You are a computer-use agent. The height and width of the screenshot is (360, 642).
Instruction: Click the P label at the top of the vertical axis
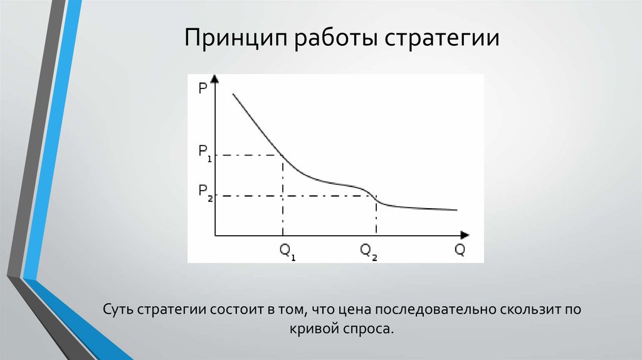tap(203, 88)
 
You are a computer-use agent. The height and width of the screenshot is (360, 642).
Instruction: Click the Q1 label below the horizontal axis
tap(287, 251)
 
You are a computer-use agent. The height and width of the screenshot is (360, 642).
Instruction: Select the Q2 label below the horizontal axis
tap(369, 251)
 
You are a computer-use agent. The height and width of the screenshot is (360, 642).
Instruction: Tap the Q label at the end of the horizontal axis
tap(460, 250)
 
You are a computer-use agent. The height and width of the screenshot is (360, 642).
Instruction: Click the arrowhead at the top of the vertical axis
tap(215, 80)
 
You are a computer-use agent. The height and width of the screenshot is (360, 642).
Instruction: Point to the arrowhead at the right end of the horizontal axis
tap(464, 236)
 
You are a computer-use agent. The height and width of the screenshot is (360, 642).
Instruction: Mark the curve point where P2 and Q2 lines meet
tap(376, 196)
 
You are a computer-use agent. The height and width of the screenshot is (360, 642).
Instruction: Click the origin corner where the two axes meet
tap(215, 236)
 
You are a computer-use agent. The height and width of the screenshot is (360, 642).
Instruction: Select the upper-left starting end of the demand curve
tap(233, 94)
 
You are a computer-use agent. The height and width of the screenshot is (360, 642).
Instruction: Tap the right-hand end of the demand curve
tap(456, 210)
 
